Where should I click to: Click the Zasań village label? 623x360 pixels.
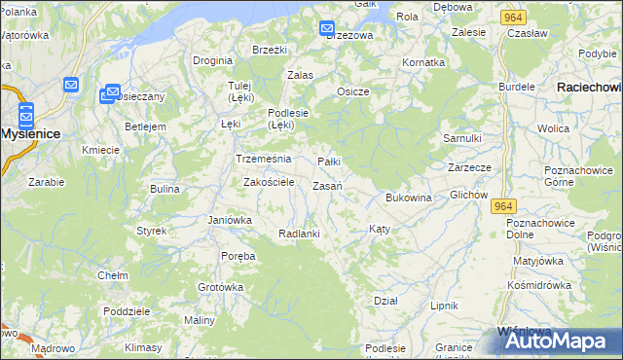pos(326,186)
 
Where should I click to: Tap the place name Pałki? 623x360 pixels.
pos(329,162)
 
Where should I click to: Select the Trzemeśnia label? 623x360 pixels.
pos(257,159)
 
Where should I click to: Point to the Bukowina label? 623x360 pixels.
pos(408,198)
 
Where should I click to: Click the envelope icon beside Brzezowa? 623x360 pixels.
pos(326,29)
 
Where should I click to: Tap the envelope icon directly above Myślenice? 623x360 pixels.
pos(25,113)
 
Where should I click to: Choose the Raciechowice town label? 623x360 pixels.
pos(589,88)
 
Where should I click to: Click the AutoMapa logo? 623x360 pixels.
pos(553,341)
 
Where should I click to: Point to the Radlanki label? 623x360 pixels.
pos(299,234)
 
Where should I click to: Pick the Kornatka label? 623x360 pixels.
pos(423,62)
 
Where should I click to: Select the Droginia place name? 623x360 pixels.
pos(212,60)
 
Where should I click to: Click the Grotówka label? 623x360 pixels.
pos(220,287)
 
